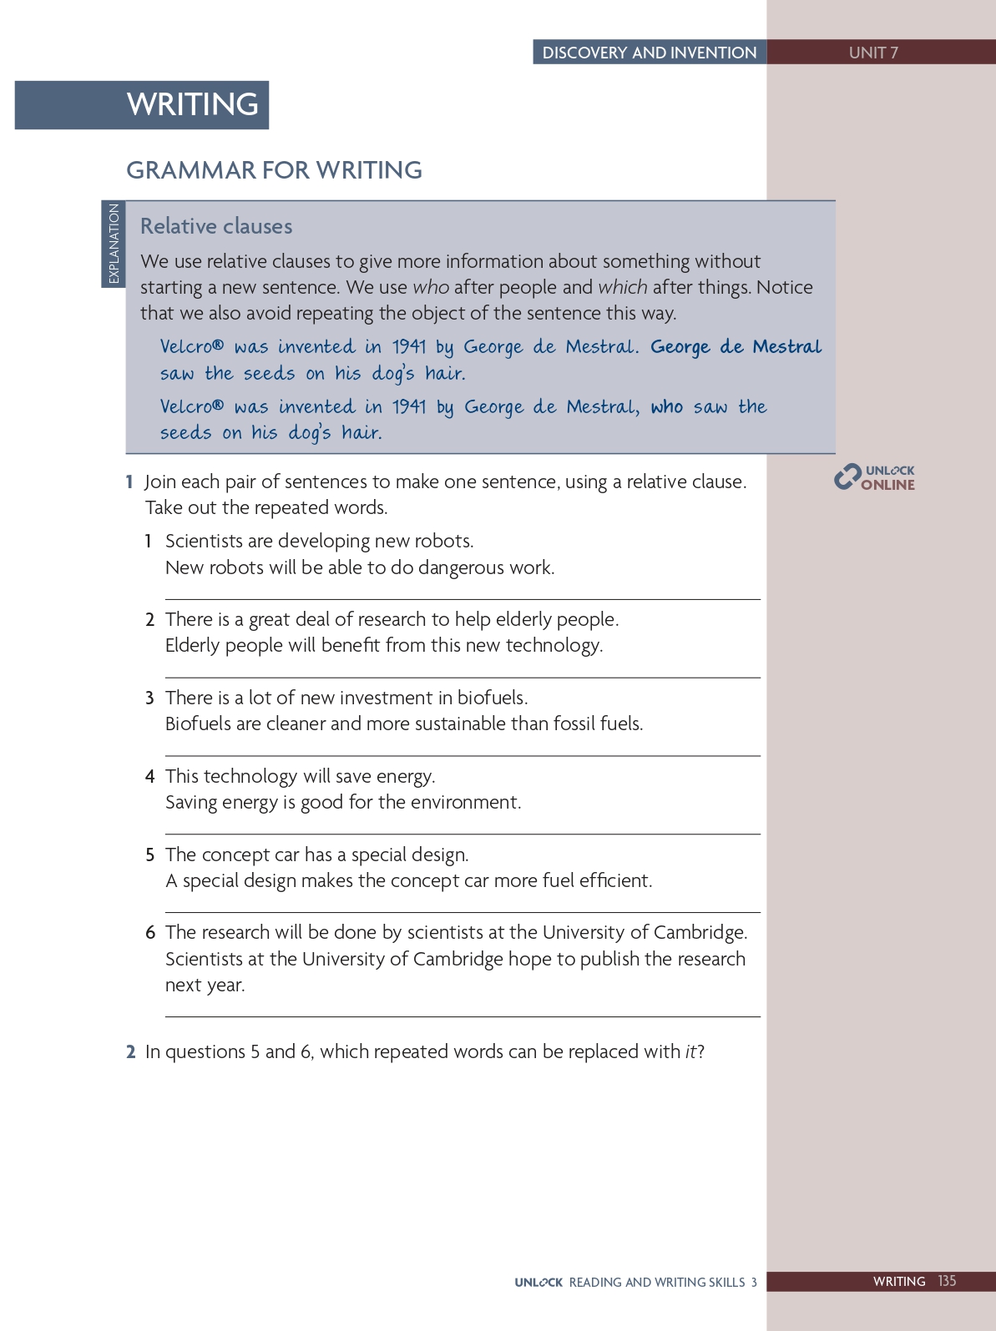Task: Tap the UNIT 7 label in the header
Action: click(873, 53)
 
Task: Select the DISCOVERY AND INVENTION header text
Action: click(650, 53)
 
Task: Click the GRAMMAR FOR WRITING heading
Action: click(274, 170)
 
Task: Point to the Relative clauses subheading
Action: click(216, 226)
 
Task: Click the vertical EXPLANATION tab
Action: click(114, 244)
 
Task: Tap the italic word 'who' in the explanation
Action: click(431, 287)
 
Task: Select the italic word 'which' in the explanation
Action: click(622, 287)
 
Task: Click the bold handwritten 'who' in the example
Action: click(666, 406)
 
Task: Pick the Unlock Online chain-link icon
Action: click(847, 476)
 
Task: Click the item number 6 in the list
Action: click(150, 933)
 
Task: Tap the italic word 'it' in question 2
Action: click(690, 1051)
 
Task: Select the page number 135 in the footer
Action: click(947, 1281)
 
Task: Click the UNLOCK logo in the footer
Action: click(538, 1283)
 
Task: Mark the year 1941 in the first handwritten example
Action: click(409, 347)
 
